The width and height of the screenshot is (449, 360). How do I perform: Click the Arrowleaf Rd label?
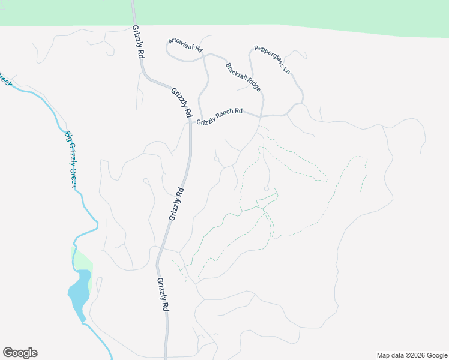(x=186, y=45)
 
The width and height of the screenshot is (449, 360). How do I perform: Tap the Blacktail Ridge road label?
(x=243, y=77)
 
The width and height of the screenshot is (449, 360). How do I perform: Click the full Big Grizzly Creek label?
(x=71, y=160)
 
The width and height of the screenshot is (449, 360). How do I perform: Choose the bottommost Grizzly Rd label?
(x=163, y=294)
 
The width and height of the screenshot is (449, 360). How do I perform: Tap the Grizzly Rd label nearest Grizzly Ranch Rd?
(x=181, y=103)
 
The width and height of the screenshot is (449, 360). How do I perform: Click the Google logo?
(x=20, y=353)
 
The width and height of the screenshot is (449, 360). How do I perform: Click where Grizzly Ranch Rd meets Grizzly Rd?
(x=191, y=123)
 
